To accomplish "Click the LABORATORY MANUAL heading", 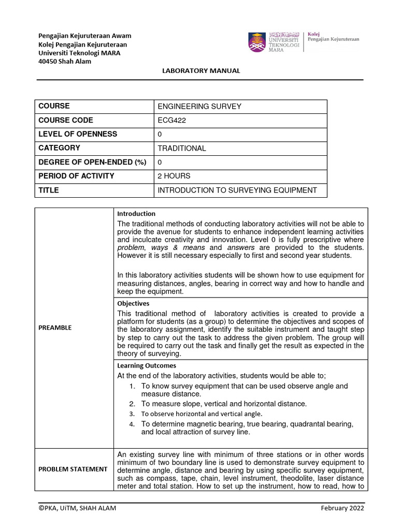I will [202, 71].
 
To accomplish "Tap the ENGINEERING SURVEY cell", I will [200, 106].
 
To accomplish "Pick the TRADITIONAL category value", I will [181, 148].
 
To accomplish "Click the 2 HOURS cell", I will [174, 176].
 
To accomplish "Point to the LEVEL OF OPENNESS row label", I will [78, 134].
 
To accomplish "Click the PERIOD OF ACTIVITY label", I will [76, 176].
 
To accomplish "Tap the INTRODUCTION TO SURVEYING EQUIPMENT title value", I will [237, 190].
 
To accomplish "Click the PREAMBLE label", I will [55, 328].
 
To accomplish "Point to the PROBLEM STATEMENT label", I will [73, 469].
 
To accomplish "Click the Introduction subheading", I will [136, 214].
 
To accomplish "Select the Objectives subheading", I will [133, 304].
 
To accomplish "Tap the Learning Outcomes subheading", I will [147, 365].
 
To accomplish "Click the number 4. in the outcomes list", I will [132, 424].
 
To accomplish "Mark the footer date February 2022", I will [343, 508].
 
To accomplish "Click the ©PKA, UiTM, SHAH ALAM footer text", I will [77, 508].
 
